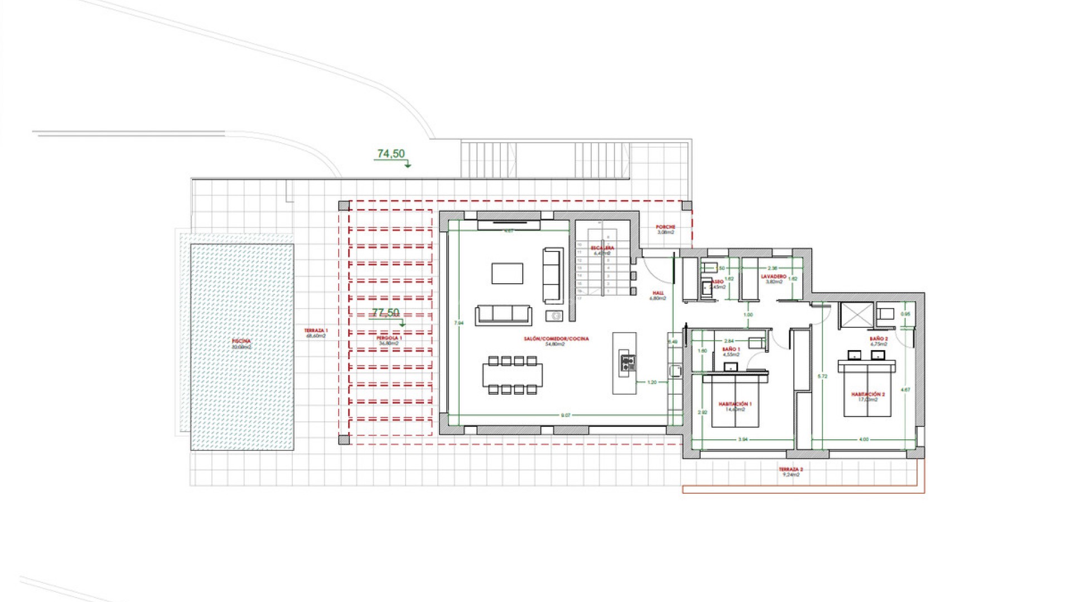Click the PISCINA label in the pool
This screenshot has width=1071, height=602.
(242, 341)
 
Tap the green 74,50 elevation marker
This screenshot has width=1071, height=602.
(391, 154)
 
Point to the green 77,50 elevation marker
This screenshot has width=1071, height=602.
(385, 313)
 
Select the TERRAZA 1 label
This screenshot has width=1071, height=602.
(316, 331)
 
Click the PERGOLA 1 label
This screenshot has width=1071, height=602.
(389, 338)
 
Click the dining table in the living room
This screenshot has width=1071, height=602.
(512, 375)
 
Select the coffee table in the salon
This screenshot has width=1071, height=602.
(507, 273)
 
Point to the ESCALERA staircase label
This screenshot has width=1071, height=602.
(602, 248)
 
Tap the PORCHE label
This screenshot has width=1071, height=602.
(665, 227)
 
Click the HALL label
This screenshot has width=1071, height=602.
(658, 293)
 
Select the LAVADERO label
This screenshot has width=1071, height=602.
(774, 277)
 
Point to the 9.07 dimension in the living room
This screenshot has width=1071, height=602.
(566, 415)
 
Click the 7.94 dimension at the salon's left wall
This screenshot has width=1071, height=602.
(459, 323)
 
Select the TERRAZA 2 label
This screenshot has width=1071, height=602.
(790, 470)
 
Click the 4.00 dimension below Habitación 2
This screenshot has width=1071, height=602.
(863, 439)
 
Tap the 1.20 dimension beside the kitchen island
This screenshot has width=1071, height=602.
(652, 382)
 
